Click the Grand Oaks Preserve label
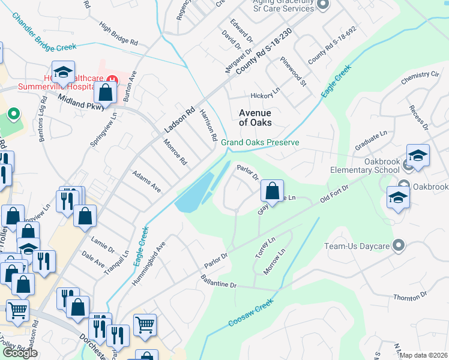click(x=259, y=143)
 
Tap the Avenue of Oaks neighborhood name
click(x=255, y=118)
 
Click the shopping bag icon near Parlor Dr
click(x=272, y=191)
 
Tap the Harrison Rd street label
click(x=208, y=125)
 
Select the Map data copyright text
click(x=424, y=355)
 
